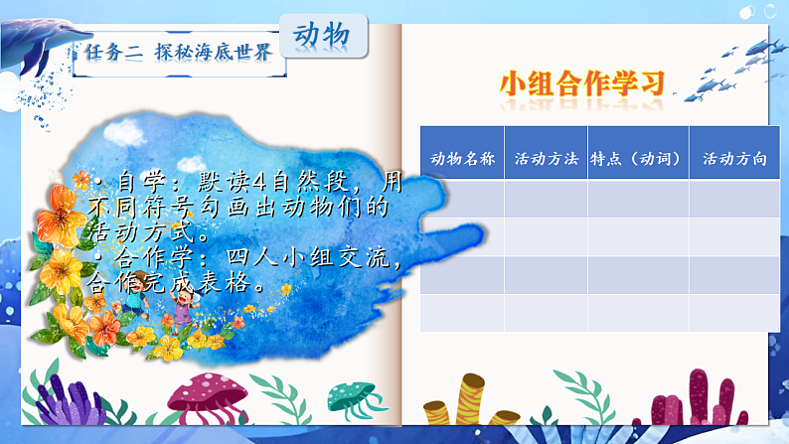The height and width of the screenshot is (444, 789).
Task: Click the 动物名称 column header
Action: [462, 159]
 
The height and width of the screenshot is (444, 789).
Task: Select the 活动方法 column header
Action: [546, 159]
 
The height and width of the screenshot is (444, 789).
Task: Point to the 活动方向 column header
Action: [734, 159]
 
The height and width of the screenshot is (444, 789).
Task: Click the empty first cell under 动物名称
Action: [462, 199]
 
